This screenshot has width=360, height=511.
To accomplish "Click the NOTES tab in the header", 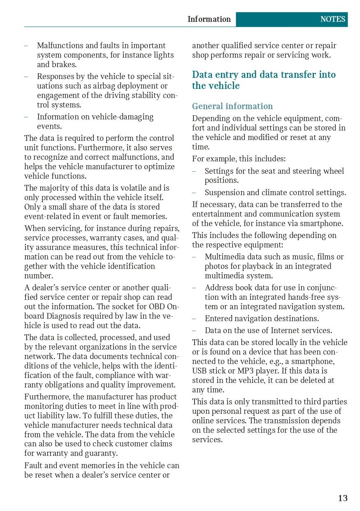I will tap(332, 19).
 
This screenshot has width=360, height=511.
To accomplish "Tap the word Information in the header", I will tap(209, 19).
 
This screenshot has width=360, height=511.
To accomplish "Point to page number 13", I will tap(343, 498).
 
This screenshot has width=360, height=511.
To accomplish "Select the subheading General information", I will tap(232, 106).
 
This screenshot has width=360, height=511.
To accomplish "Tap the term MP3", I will tap(246, 371).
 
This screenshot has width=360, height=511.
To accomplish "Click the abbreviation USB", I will tap(200, 371).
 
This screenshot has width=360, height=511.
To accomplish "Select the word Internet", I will tap(286, 331).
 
